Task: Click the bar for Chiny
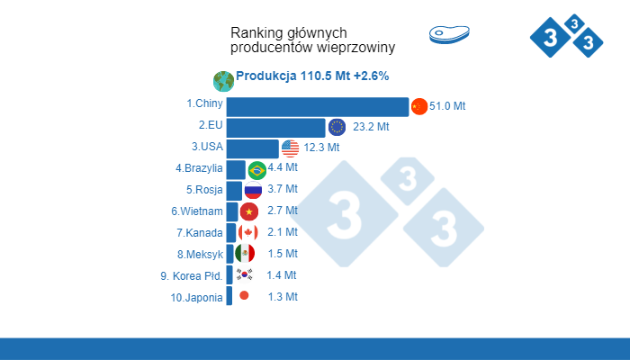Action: point(317,106)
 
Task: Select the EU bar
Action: point(275,127)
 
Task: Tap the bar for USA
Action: point(252,148)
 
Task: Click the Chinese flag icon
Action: point(418,106)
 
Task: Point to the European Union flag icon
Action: point(337,127)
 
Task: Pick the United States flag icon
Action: point(290,148)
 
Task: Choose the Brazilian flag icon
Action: point(256,169)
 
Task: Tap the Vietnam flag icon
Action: point(249,211)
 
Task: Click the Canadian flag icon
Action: point(247,232)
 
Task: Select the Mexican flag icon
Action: point(245,254)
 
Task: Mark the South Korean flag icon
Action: point(244,274)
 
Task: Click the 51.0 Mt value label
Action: point(447,106)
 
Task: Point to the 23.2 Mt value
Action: point(371,127)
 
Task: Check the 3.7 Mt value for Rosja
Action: point(283,190)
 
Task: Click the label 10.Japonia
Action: point(195,297)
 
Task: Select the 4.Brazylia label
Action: point(199,168)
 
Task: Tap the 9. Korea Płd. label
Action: point(192,275)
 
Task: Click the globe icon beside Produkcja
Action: point(222,80)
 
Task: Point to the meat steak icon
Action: point(450,34)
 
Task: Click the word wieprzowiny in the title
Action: point(355,47)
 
